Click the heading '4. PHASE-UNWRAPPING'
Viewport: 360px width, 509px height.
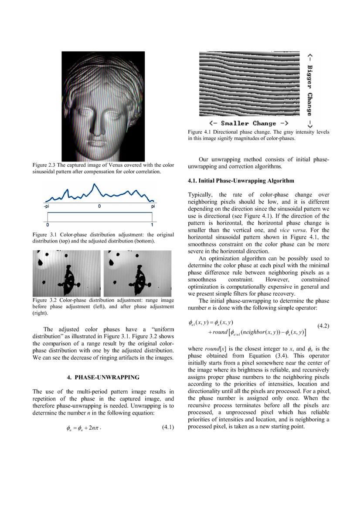pos(103,377)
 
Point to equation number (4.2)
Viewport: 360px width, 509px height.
pos(323,325)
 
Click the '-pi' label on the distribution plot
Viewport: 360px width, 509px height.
pos(47,206)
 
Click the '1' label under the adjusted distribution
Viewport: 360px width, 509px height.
pos(152,225)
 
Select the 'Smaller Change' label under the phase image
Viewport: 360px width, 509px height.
pos(249,123)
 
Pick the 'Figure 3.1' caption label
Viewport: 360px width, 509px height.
pos(46,235)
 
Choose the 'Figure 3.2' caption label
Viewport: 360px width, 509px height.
pos(46,300)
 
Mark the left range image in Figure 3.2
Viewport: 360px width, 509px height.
pos(67,273)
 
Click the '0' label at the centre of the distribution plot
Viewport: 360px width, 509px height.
pos(100,206)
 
